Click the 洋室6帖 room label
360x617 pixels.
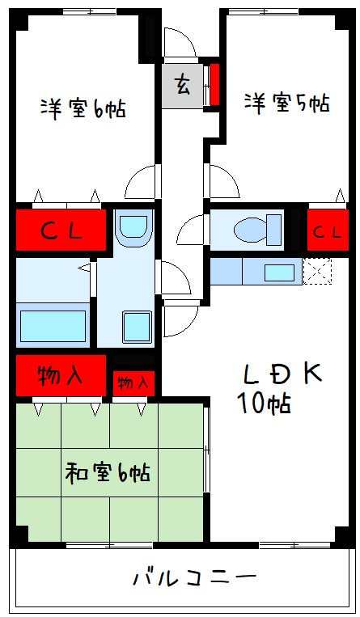point(83,108)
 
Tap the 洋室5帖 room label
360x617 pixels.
point(286,103)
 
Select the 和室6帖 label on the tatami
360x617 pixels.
point(107,472)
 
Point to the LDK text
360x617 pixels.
point(282,374)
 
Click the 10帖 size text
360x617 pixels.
point(264,403)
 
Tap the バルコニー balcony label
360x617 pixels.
point(195,577)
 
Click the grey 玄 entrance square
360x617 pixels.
point(182,86)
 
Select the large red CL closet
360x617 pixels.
point(61,230)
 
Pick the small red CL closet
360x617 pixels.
point(328,230)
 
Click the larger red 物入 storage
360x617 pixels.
point(61,376)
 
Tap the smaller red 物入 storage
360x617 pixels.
point(133,382)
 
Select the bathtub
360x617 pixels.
point(53,326)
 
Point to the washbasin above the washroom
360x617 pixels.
point(133,227)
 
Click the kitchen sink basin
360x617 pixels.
point(279,273)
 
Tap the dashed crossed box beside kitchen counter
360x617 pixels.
point(317,271)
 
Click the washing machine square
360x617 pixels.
point(137,327)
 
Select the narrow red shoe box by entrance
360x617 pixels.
point(214,84)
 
